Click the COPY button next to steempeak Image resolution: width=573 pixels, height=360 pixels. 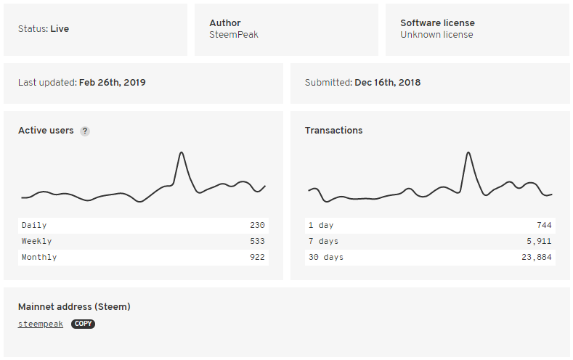[83, 324]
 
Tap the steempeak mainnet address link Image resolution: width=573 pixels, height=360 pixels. [41, 324]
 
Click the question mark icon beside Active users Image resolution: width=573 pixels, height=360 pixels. [85, 131]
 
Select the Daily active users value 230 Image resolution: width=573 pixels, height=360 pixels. [257, 225]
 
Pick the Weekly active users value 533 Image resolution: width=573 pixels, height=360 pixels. [257, 241]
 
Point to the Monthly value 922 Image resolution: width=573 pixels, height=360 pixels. [257, 257]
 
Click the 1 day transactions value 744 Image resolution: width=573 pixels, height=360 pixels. [544, 225]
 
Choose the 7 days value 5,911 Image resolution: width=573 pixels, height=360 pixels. [539, 241]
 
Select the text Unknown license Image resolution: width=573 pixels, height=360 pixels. [436, 35]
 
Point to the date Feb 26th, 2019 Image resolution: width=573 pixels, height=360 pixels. [113, 83]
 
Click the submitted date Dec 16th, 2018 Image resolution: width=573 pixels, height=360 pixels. [387, 83]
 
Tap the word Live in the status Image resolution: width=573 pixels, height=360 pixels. [60, 29]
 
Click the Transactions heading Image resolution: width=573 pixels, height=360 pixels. [333, 131]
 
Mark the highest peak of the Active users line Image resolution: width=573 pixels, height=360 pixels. [181, 152]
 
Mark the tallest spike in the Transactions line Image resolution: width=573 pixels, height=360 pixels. [468, 152]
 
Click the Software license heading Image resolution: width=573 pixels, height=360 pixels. [437, 23]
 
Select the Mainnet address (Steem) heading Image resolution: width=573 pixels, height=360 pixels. [74, 307]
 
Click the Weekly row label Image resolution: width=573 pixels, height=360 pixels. [37, 241]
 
